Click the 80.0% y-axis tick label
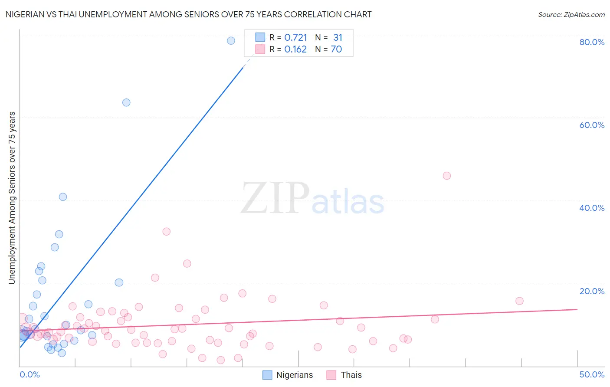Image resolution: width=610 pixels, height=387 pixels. pyautogui.click(x=592, y=42)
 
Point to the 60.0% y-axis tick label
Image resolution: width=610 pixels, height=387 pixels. pyautogui.click(x=592, y=125)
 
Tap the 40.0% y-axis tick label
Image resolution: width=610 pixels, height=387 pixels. pyautogui.click(x=592, y=208)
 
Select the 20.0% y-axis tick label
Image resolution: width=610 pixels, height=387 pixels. pyautogui.click(x=592, y=291)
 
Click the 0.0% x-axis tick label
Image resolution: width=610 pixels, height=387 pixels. pyautogui.click(x=30, y=374)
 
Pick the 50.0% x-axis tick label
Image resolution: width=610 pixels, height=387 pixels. pyautogui.click(x=592, y=374)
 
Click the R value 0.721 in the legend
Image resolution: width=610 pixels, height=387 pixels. pyautogui.click(x=295, y=38)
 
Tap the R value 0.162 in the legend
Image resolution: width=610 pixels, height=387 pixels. pyautogui.click(x=295, y=49)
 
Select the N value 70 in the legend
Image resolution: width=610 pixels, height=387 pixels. pyautogui.click(x=336, y=49)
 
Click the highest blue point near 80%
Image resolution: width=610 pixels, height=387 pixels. pyautogui.click(x=231, y=41)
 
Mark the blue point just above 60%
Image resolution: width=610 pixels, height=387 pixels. pyautogui.click(x=126, y=103)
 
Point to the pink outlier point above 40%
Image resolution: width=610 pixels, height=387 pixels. pyautogui.click(x=447, y=176)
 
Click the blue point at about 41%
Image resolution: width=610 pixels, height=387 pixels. pyautogui.click(x=63, y=197)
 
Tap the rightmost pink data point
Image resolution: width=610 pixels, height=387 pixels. pyautogui.click(x=519, y=301)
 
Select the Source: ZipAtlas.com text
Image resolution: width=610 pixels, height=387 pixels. pyautogui.click(x=571, y=15)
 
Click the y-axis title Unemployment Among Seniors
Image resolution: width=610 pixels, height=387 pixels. pyautogui.click(x=12, y=198)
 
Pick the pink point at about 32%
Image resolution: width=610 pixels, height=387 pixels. pyautogui.click(x=166, y=232)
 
